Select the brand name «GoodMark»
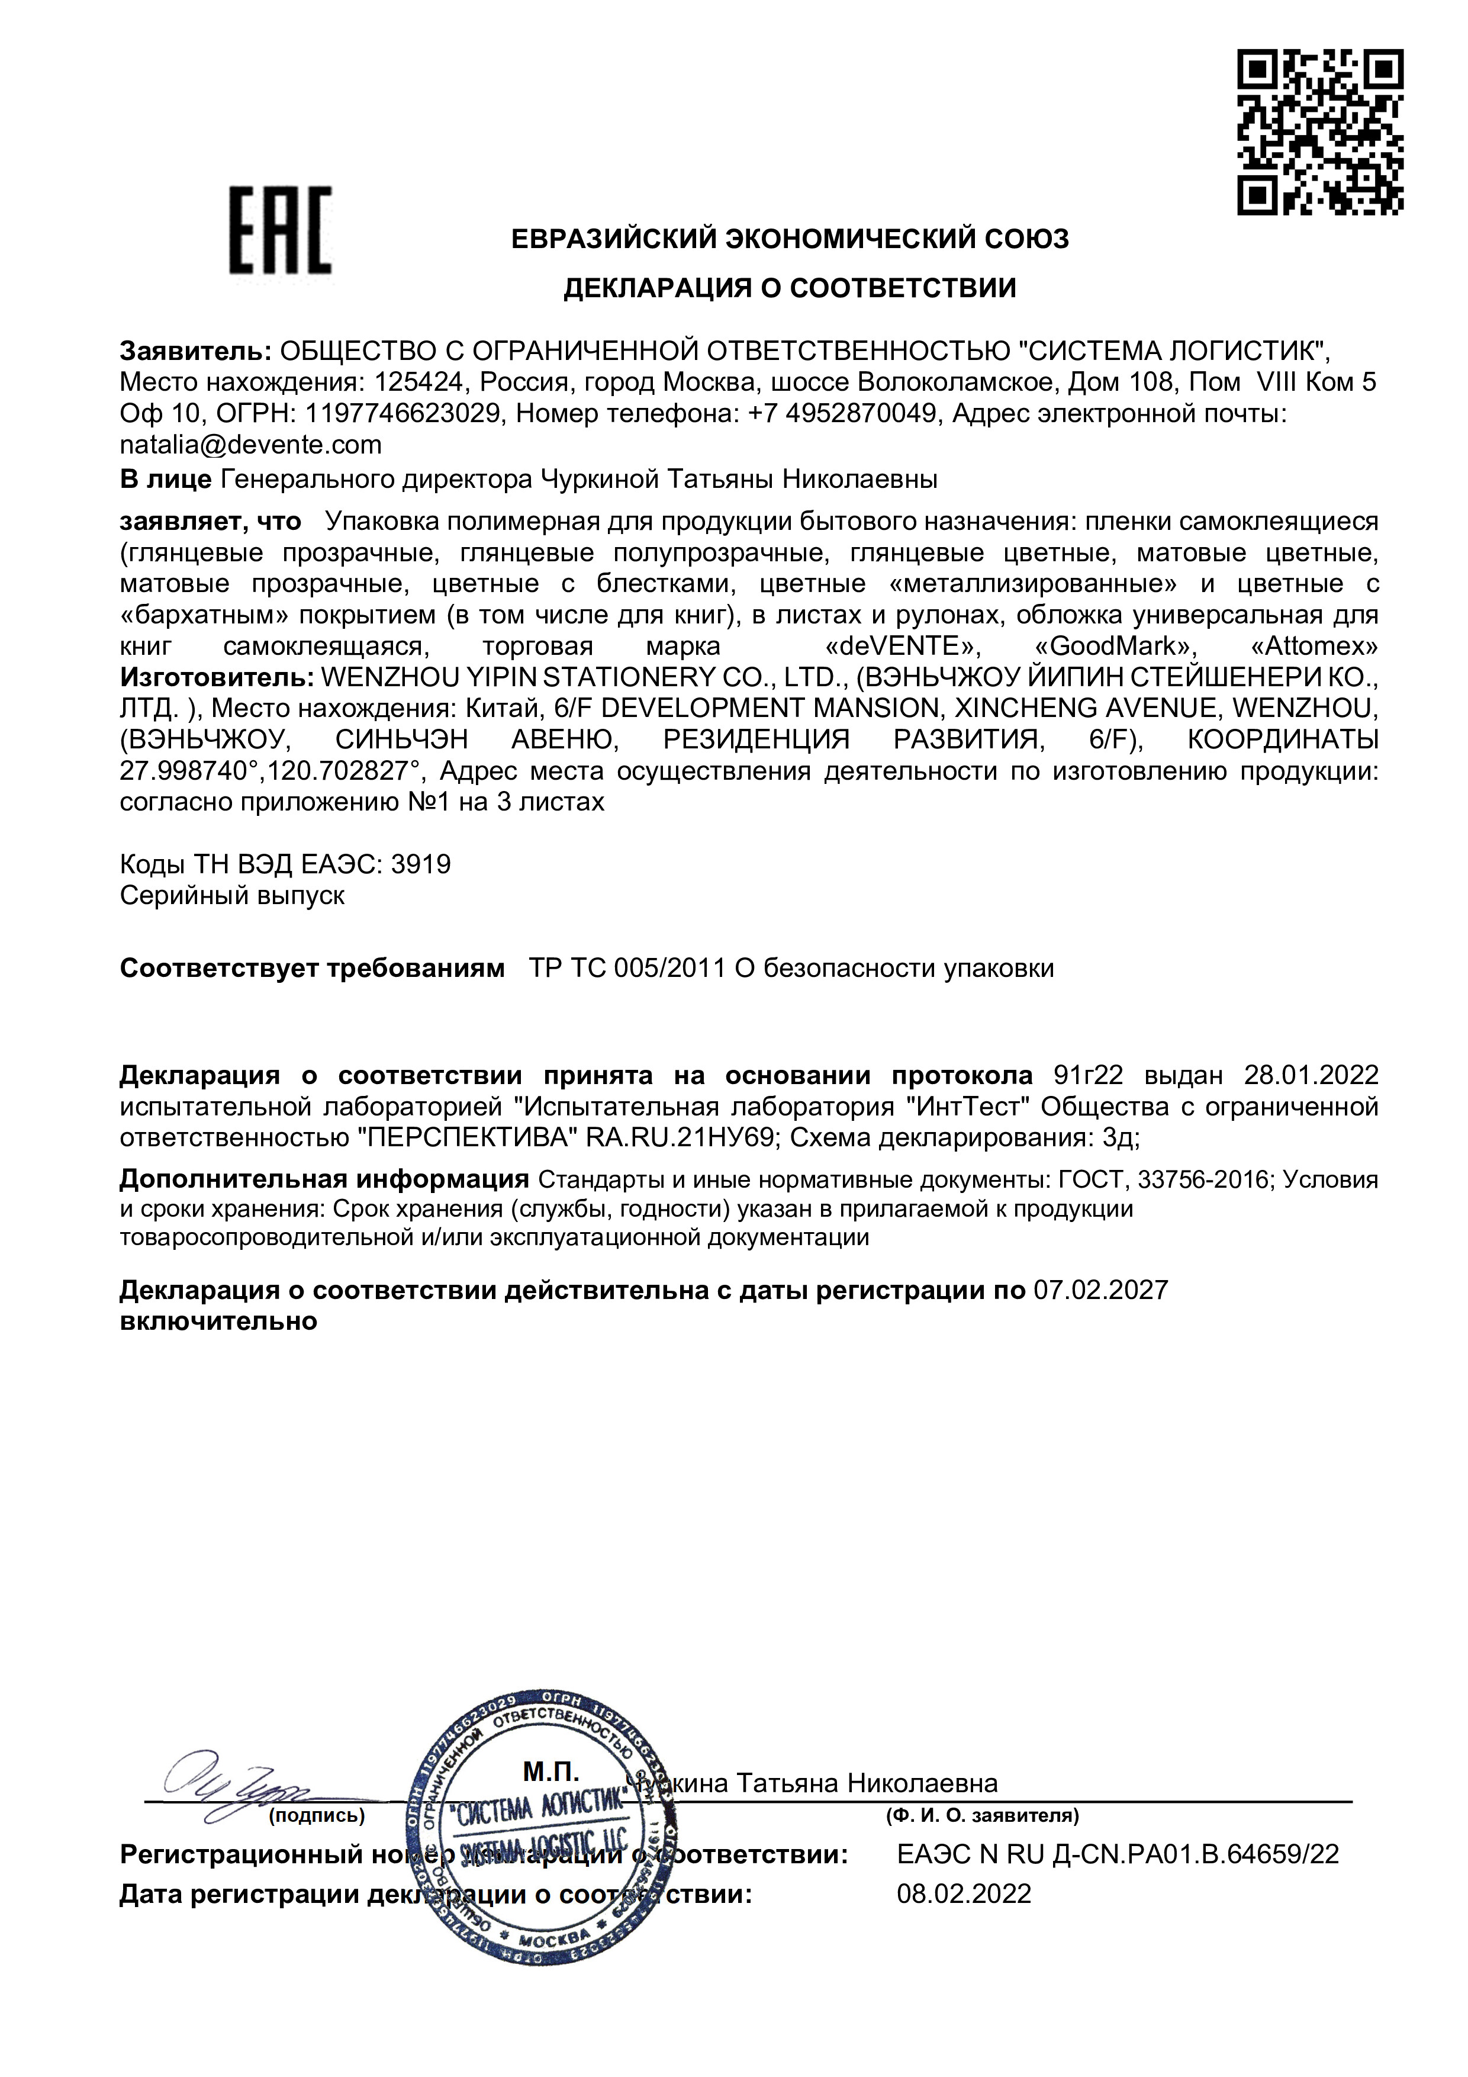[1115, 646]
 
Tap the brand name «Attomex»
[1314, 646]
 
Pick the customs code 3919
[421, 865]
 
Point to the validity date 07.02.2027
[1101, 1290]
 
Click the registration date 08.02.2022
[963, 1894]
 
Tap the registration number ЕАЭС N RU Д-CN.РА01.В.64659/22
[1117, 1854]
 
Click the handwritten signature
[226, 1784]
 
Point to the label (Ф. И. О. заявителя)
[982, 1815]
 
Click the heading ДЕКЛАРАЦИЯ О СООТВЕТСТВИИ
[790, 288]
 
